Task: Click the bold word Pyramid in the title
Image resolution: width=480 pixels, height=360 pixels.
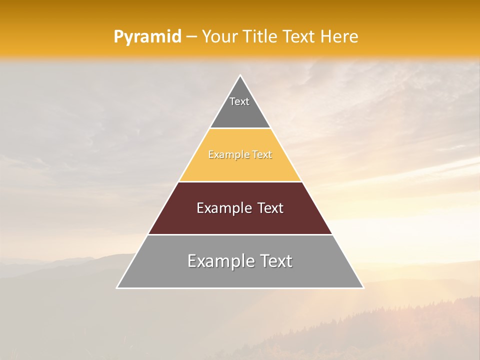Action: coord(147,37)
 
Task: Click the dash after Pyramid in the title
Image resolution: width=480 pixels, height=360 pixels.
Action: coord(191,37)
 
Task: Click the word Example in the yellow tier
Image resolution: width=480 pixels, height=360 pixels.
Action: coord(227,155)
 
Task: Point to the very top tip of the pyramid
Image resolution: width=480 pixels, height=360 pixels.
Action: coord(240,76)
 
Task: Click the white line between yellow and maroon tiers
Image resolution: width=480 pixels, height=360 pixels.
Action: coord(240,181)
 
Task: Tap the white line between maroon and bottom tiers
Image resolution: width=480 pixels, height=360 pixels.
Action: coord(240,234)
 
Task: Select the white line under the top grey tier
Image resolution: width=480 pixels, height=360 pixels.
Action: coord(240,128)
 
